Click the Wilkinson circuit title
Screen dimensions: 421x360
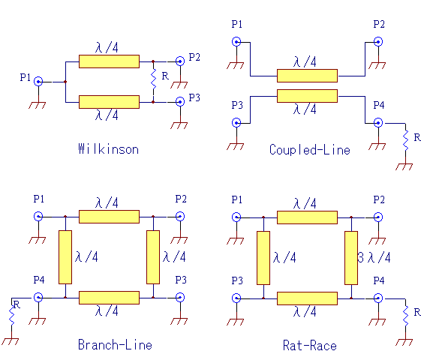point(109,149)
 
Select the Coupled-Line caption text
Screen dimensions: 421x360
point(310,150)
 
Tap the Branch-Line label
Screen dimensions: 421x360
point(115,344)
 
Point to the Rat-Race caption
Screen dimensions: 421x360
point(310,345)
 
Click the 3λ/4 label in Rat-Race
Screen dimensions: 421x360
point(374,257)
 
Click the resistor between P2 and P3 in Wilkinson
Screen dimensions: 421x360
point(153,79)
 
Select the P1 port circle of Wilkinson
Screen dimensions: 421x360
point(38,82)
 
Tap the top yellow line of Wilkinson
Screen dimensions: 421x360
point(109,61)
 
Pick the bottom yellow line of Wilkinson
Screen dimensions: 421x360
point(109,102)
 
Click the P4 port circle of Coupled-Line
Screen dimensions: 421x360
point(378,123)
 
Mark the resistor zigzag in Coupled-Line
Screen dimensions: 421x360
point(405,140)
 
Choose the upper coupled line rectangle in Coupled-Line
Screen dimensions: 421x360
point(307,76)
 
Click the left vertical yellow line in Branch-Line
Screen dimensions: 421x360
point(65,257)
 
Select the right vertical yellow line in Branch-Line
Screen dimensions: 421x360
point(153,257)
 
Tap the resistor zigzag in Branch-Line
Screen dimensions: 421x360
point(12,316)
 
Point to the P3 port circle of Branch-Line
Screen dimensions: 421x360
point(180,298)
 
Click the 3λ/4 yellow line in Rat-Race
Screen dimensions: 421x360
point(351,258)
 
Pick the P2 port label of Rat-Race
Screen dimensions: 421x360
point(379,199)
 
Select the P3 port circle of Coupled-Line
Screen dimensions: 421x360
point(236,123)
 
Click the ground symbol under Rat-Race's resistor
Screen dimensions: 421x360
point(404,342)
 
